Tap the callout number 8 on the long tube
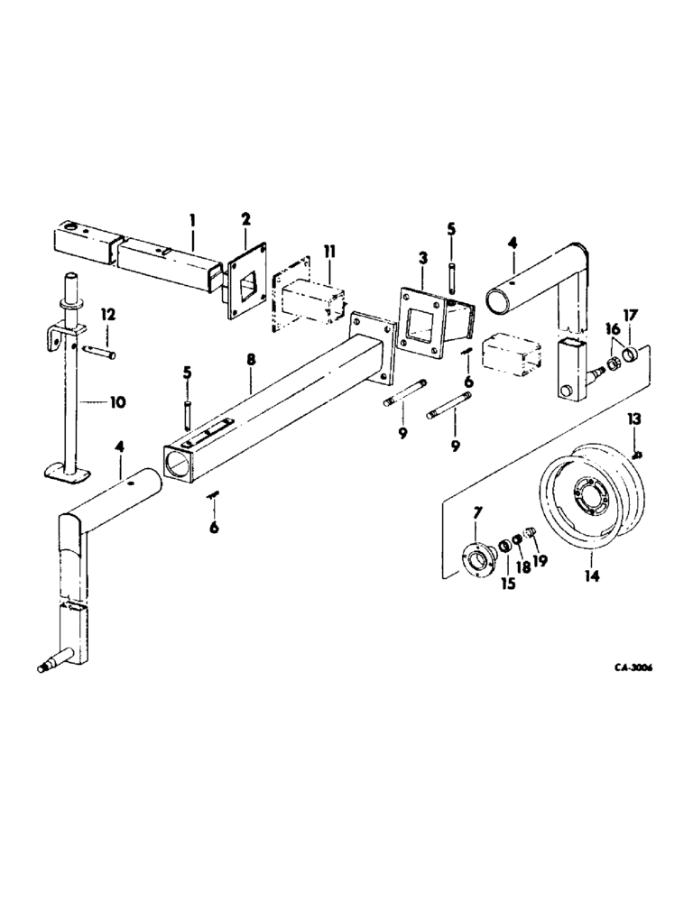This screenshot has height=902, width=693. [252, 359]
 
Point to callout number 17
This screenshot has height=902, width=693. [629, 316]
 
